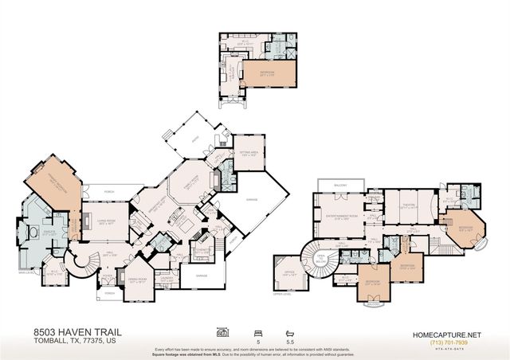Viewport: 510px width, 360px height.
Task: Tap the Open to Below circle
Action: (x=322, y=259)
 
